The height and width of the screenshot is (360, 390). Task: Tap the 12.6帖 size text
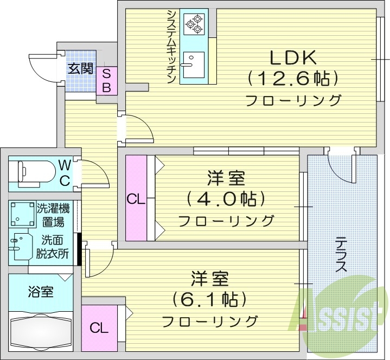pos(293,79)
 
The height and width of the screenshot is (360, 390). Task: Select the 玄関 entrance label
pos(80,68)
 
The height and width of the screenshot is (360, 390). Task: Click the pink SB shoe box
pos(107,80)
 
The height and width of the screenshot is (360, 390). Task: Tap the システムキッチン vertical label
pos(170,47)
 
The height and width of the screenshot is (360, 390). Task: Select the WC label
pos(65,172)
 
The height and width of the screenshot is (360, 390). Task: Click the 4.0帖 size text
pos(226,199)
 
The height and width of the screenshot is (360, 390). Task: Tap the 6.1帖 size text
pos(209,299)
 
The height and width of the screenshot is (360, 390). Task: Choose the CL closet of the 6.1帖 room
pos(99,327)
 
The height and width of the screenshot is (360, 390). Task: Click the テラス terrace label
pos(340,255)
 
